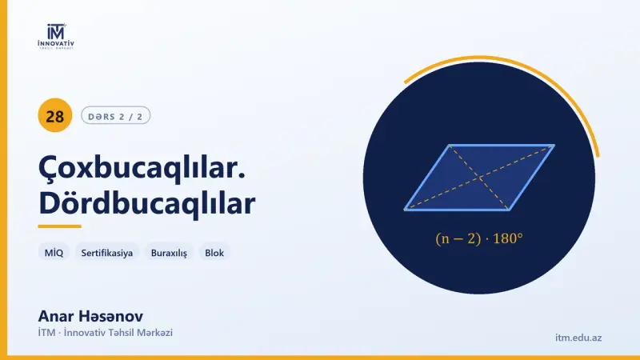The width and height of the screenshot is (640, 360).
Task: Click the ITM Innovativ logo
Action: click(x=56, y=37)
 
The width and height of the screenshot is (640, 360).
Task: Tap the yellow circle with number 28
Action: click(x=55, y=115)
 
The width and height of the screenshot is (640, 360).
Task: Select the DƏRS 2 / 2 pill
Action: click(x=115, y=115)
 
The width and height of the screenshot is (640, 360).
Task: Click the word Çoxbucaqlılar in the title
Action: click(x=142, y=168)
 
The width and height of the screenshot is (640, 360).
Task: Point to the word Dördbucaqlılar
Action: click(x=147, y=203)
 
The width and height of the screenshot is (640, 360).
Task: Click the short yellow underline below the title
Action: click(x=59, y=226)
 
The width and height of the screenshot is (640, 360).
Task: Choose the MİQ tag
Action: click(x=54, y=253)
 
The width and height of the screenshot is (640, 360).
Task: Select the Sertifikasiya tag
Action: click(x=107, y=253)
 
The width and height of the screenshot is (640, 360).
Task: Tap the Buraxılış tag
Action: click(x=169, y=253)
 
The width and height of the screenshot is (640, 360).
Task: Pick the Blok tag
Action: click(x=214, y=253)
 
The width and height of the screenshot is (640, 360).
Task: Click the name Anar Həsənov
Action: click(x=90, y=316)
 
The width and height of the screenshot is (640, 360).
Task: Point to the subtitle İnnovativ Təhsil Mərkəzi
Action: click(x=118, y=333)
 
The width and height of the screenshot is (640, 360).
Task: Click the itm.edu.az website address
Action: click(x=578, y=338)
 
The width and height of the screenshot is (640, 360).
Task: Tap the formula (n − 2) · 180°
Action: click(x=479, y=238)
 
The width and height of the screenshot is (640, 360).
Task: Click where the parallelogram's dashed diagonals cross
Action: click(x=480, y=178)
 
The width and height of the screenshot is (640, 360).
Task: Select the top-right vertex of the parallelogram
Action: click(x=554, y=145)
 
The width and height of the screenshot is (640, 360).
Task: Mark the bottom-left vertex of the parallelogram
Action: click(x=406, y=210)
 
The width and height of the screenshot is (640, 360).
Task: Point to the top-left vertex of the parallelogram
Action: click(x=450, y=145)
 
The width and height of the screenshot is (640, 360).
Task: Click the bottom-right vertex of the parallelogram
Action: click(x=510, y=210)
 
